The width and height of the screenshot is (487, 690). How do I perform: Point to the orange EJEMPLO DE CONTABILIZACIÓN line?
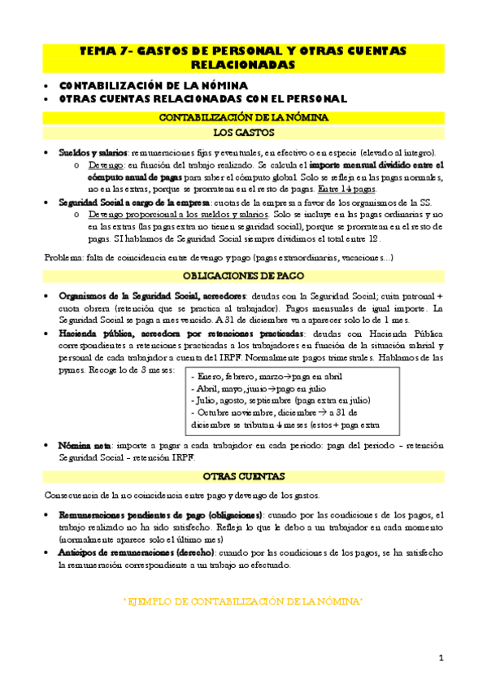tap(242, 600)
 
